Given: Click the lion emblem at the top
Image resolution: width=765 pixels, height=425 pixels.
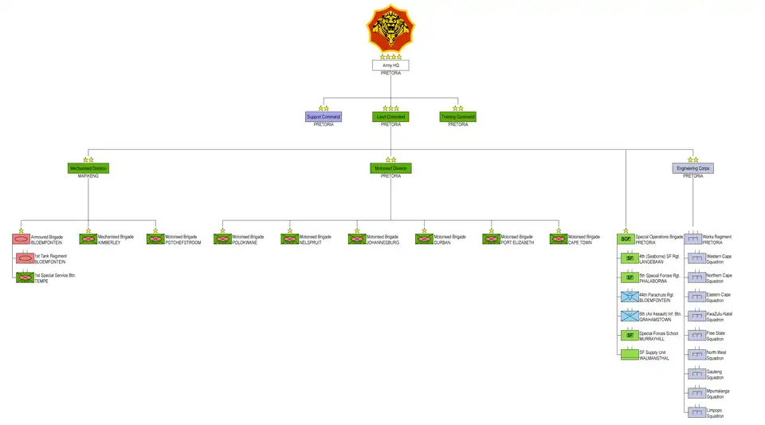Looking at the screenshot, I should (x=390, y=29).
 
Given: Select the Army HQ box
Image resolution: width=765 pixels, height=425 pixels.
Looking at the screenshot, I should (x=390, y=65).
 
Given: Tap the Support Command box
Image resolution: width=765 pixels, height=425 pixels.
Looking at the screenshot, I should (x=324, y=116).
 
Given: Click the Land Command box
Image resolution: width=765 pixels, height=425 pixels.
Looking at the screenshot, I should (x=390, y=116).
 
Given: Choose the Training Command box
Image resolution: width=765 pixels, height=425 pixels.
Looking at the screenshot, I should (x=457, y=116).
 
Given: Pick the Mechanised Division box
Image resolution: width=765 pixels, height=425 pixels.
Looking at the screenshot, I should (x=88, y=168).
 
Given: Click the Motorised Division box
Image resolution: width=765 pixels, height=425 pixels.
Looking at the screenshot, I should (x=390, y=168).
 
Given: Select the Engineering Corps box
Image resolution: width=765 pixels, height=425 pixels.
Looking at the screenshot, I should (x=693, y=168).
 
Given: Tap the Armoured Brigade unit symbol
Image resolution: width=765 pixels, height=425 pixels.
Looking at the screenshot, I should (x=22, y=239).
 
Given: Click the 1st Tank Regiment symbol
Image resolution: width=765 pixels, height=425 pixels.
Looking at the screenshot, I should (x=25, y=258).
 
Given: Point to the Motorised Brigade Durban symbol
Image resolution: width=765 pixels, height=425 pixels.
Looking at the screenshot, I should (x=424, y=239).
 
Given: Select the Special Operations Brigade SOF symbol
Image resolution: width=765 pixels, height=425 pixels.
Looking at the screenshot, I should (x=626, y=239).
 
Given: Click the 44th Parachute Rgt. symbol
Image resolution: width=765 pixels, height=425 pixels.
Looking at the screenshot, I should (x=629, y=297).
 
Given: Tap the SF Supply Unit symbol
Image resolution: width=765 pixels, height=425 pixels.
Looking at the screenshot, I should (x=629, y=354).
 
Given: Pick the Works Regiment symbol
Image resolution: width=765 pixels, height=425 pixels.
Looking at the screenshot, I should (x=693, y=239).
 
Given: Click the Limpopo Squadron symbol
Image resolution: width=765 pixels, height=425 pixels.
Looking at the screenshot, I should (x=696, y=412).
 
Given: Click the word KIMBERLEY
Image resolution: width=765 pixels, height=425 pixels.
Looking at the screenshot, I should (x=109, y=242).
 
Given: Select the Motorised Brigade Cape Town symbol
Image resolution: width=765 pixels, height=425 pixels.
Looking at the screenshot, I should (x=559, y=239).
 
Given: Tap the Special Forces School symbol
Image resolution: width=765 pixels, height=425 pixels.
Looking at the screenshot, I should (x=629, y=335).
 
